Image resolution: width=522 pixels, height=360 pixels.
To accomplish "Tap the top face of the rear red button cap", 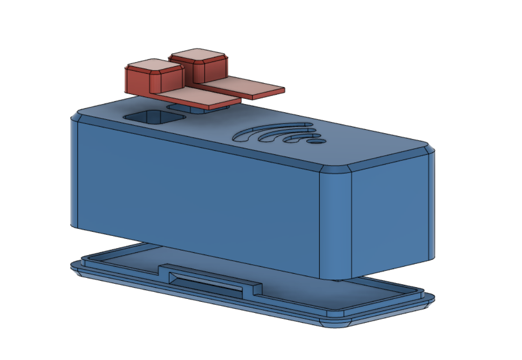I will point(199,55).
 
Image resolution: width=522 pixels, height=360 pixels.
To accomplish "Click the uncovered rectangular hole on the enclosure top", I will point(152,117).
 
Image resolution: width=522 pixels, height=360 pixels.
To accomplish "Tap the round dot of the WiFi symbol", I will point(318,141).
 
